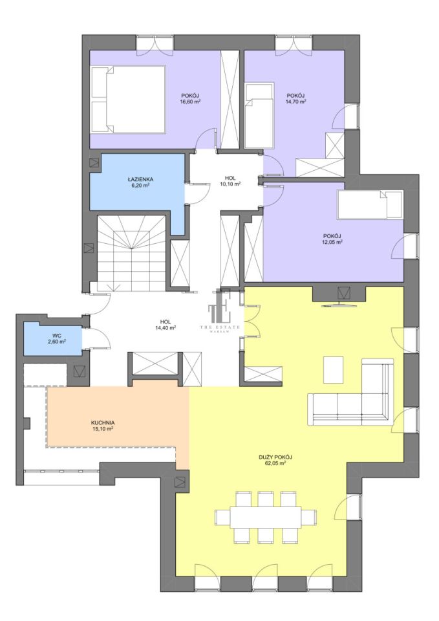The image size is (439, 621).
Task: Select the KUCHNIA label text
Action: pos(103,422)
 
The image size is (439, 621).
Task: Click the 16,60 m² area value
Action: pos(190,101)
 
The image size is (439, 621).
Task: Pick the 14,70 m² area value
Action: pos(296,101)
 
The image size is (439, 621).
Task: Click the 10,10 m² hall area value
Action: pos(231,184)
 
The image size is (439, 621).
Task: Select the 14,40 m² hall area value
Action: pos(166,327)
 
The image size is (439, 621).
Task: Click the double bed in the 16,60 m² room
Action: pos(127,99)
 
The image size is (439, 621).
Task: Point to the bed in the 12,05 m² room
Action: pos(370,205)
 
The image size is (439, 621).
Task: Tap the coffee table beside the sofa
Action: pos(333,369)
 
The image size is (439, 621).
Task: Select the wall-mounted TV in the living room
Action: pos(340,305)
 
